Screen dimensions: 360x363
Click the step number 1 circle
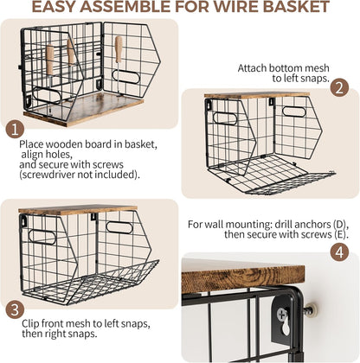(15, 129)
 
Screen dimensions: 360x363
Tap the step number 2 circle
(339, 87)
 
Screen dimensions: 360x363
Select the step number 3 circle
(15, 309)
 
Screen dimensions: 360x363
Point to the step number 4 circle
(339, 252)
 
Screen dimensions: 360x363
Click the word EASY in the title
(54, 6)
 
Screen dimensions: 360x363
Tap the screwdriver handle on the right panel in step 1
(119, 49)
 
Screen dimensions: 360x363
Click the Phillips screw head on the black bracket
(281, 314)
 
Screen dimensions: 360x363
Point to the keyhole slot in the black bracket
(286, 328)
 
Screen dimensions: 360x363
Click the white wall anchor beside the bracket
(312, 309)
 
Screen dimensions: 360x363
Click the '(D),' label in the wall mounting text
(341, 225)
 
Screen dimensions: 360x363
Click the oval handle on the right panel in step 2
(293, 111)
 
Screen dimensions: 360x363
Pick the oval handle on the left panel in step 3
(42, 238)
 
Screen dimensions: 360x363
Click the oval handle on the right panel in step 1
(126, 77)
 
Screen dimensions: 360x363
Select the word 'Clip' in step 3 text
(30, 324)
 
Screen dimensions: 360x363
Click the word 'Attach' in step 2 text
(252, 68)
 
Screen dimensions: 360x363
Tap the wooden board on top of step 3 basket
(78, 210)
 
